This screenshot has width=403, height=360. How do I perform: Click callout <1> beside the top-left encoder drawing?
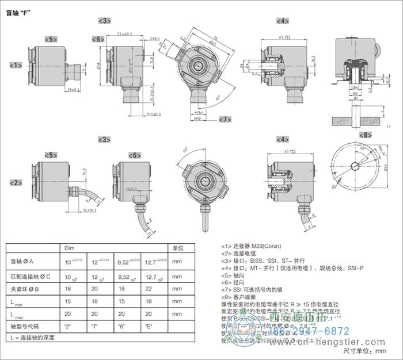[x=16, y=66]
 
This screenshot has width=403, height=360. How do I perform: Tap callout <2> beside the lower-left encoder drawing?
[x=16, y=183]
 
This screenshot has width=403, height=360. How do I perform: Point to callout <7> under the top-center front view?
[x=226, y=119]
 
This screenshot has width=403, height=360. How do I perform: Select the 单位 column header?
[x=178, y=248]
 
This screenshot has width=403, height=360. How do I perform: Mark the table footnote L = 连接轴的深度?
[x=32, y=338]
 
